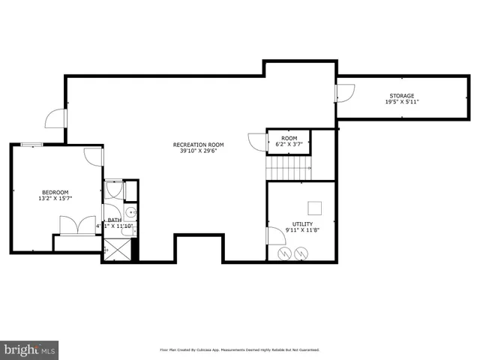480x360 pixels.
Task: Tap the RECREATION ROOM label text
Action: (x=198, y=145)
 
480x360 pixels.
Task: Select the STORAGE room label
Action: (x=400, y=96)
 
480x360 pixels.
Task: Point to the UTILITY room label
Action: (x=302, y=224)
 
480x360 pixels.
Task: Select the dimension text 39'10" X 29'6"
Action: (x=198, y=151)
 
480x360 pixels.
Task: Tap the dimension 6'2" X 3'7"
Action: (x=289, y=145)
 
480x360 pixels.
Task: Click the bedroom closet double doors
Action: (x=76, y=224)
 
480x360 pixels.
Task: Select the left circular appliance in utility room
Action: (x=284, y=254)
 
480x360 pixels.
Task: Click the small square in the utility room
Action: (x=316, y=208)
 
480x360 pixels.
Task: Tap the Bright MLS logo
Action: (x=29, y=349)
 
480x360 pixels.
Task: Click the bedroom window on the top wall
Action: (x=31, y=145)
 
